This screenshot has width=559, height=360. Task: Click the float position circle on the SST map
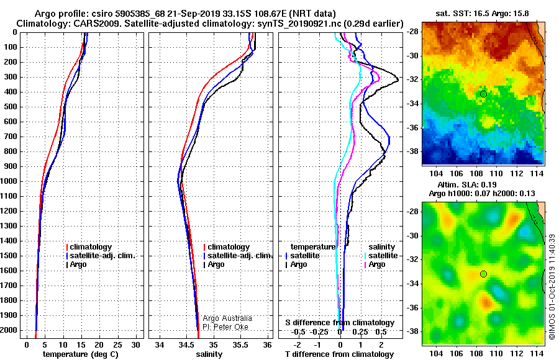pyautogui.click(x=483, y=94)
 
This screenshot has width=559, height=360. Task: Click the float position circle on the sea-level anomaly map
pyautogui.click(x=483, y=274)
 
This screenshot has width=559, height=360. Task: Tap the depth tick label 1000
pyautogui.click(x=10, y=181)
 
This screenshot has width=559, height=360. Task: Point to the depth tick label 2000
pyautogui.click(x=10, y=330)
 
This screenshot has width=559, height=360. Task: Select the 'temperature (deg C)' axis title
pyautogui.click(x=81, y=354)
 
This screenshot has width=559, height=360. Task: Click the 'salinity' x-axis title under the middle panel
pyautogui.click(x=209, y=354)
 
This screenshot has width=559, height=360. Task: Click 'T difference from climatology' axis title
pyautogui.click(x=339, y=354)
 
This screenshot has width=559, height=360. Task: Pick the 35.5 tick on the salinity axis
pyautogui.click(x=240, y=345)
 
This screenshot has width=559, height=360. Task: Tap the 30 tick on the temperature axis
pyautogui.click(x=136, y=345)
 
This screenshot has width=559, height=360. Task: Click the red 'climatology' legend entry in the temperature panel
pyautogui.click(x=89, y=247)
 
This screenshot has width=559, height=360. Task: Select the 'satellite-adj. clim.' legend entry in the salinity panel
pyautogui.click(x=237, y=256)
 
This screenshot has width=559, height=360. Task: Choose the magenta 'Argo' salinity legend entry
pyautogui.click(x=375, y=264)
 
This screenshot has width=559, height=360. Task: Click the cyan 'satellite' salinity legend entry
pyautogui.click(x=381, y=256)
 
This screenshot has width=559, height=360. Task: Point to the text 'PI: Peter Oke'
pyautogui.click(x=225, y=327)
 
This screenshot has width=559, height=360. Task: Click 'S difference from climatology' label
pyautogui.click(x=340, y=323)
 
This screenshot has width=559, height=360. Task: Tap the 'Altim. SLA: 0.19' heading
pyautogui.click(x=466, y=184)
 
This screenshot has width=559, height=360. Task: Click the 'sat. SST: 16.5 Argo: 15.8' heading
pyautogui.click(x=482, y=14)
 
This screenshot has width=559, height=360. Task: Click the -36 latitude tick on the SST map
pyautogui.click(x=412, y=128)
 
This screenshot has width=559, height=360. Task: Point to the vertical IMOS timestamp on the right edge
pyautogui.click(x=552, y=287)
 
